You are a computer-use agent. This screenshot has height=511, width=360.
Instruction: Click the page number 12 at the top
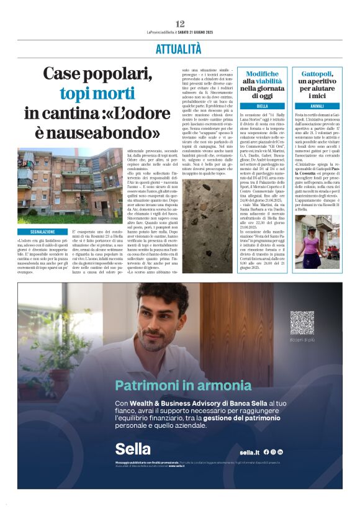tap(180, 24)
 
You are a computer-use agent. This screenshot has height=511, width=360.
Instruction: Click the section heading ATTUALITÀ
tap(179, 48)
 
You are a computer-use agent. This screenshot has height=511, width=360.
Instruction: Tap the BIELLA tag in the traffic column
tap(262, 106)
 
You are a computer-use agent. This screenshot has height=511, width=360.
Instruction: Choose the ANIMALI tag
tap(317, 106)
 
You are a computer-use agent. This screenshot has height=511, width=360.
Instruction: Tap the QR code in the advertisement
tap(301, 322)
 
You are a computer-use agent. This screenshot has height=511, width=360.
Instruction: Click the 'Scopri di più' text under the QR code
tap(302, 340)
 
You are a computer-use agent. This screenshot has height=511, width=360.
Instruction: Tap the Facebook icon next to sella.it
tap(266, 452)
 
